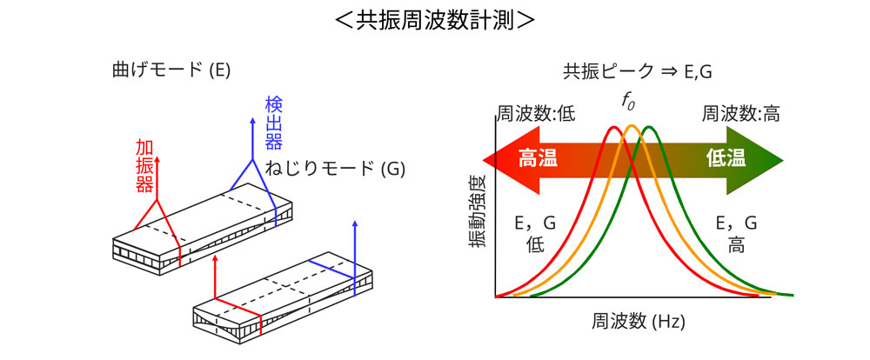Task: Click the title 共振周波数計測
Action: [x=434, y=21]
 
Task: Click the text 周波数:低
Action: [x=536, y=114]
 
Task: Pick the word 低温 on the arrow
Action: [x=726, y=158]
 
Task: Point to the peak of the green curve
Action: [x=649, y=128]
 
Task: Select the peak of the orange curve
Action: [x=632, y=128]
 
